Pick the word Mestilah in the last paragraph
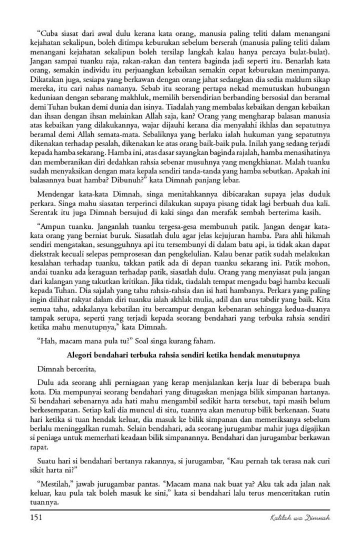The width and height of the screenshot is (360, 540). click(54, 482)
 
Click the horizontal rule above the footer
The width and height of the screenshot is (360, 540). click(180, 510)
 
